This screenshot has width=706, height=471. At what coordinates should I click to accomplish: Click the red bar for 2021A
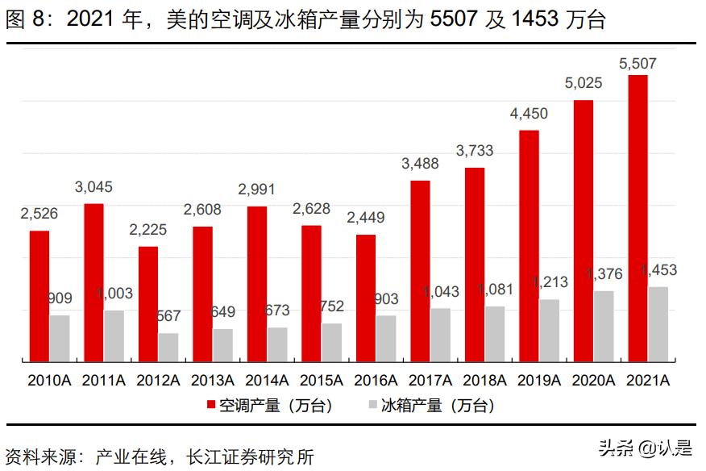[637, 218]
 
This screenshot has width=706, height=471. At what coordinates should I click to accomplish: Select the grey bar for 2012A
[168, 347]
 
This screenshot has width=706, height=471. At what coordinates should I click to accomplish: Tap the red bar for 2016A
[366, 298]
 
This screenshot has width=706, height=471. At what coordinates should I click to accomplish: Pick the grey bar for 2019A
[549, 330]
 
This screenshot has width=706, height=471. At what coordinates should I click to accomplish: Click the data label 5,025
[583, 83]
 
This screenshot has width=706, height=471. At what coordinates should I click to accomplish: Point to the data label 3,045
[93, 187]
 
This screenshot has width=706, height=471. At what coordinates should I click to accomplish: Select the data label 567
[168, 316]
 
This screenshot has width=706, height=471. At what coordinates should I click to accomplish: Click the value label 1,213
[550, 282]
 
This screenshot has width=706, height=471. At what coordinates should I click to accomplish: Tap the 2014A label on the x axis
[267, 381]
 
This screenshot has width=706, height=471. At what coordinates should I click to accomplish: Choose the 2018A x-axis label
[484, 381]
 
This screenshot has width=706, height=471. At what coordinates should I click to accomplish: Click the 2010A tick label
[49, 381]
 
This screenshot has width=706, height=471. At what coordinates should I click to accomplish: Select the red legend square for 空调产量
[210, 405]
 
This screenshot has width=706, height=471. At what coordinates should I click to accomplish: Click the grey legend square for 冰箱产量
[372, 405]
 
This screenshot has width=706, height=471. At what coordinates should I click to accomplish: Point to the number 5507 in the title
[455, 19]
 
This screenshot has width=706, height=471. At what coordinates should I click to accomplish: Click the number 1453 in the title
[534, 19]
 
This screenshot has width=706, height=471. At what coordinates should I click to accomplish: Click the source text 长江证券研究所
[250, 456]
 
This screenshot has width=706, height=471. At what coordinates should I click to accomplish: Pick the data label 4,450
[529, 114]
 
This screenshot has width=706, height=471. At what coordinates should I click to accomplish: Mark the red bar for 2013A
[202, 294]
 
